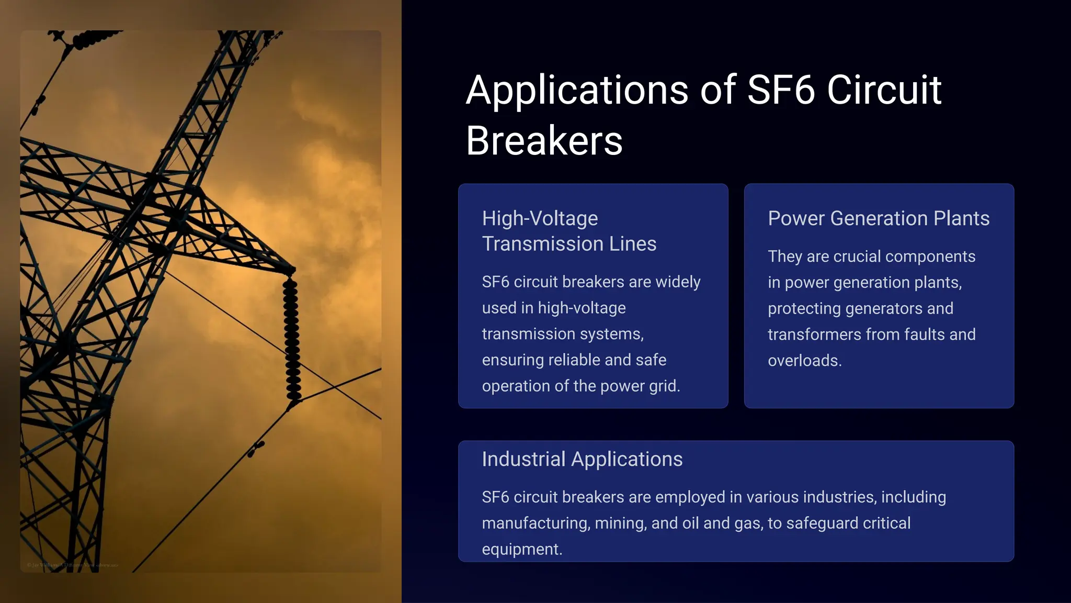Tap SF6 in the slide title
(781, 90)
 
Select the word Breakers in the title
(544, 141)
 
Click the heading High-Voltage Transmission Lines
(568, 231)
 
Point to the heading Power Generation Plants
(878, 218)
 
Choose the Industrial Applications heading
(582, 459)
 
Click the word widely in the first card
(678, 282)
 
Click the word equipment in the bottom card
(521, 549)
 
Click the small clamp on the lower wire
(256, 448)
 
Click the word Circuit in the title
(884, 90)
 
